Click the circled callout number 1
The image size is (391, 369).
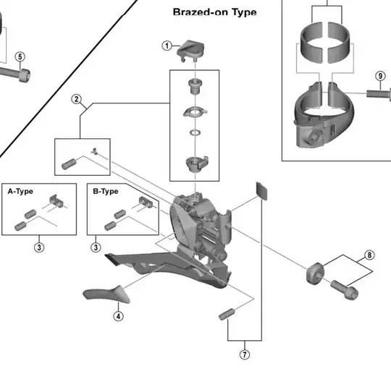tap(167, 46)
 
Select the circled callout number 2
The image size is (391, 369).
tap(76, 99)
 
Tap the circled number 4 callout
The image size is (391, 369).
tap(118, 316)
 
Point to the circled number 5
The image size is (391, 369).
tap(20, 57)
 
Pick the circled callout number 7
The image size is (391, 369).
tap(245, 355)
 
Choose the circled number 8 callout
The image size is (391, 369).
tap(369, 255)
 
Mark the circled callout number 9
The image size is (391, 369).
tap(380, 76)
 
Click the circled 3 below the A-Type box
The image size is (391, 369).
tap(39, 247)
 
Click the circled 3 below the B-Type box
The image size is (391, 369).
tap(96, 247)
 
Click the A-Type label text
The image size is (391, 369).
tap(20, 191)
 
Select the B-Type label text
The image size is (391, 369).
tap(106, 191)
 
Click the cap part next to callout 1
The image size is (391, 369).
tap(190, 51)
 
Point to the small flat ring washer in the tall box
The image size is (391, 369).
tap(195, 132)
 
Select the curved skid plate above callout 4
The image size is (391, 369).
tap(106, 294)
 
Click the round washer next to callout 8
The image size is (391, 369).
tap(315, 273)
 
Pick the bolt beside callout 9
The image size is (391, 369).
tap(379, 94)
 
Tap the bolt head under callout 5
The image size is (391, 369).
tap(24, 75)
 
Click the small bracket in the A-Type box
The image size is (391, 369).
tap(56, 201)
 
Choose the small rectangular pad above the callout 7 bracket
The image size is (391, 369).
tap(262, 191)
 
